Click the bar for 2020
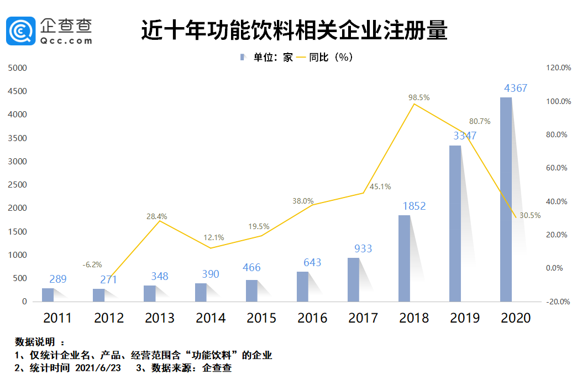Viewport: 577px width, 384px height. click(506, 199)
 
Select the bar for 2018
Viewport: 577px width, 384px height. click(404, 258)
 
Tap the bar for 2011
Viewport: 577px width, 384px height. click(48, 295)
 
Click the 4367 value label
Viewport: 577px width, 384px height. click(516, 88)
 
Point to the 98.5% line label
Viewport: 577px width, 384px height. click(419, 97)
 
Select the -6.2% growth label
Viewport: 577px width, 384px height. click(92, 265)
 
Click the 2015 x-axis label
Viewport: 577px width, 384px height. click(261, 318)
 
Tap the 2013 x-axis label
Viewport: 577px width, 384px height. click(160, 318)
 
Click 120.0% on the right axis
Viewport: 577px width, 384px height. click(558, 68)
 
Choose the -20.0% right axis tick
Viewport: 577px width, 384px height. click(558, 302)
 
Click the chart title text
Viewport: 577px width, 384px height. click(293, 31)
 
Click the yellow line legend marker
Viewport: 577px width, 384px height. click(301, 57)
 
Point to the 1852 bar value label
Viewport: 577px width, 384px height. click(414, 206)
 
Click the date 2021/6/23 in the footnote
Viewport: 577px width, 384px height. click(98, 368)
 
